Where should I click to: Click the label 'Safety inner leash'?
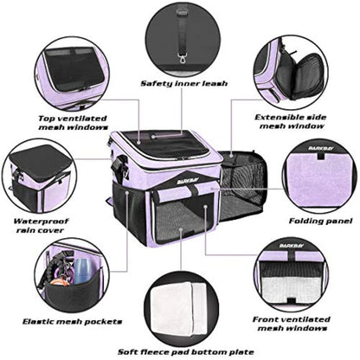179,84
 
